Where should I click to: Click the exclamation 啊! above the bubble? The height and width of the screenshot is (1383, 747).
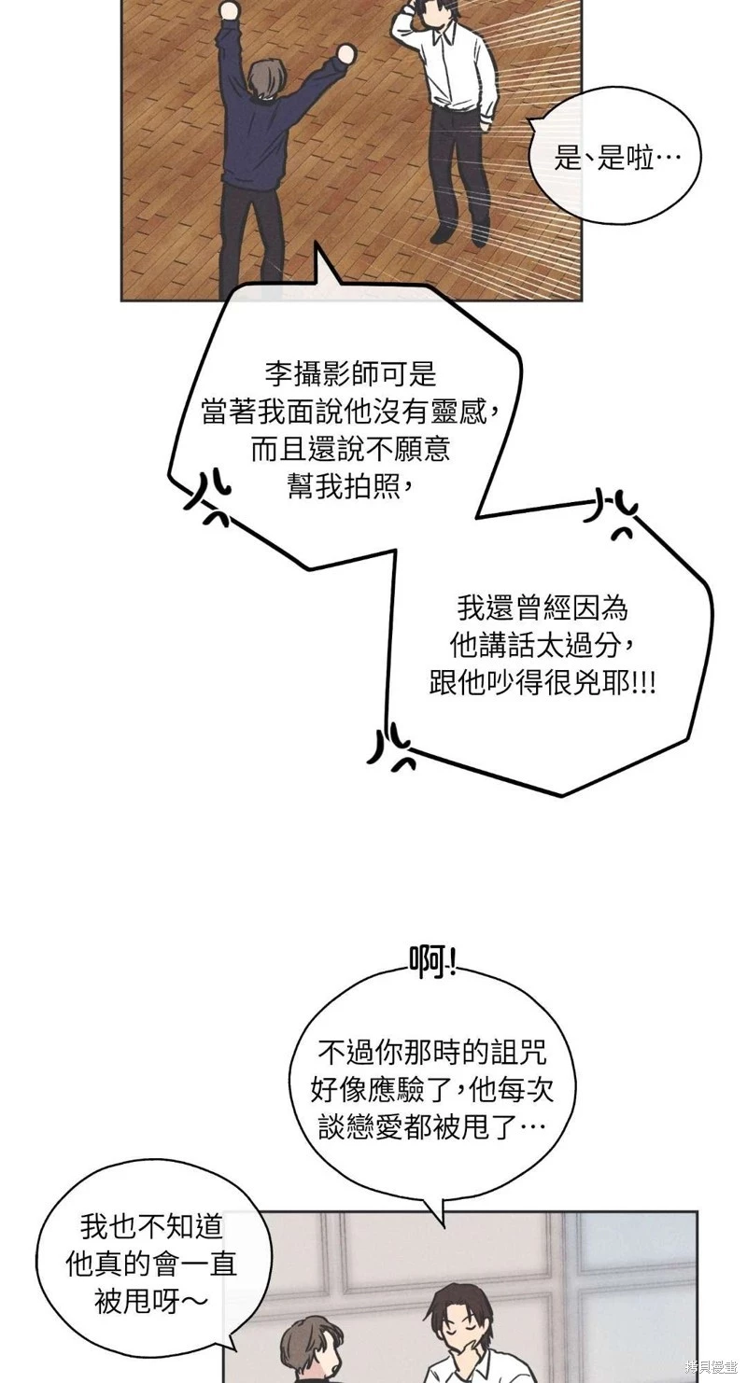click(432, 961)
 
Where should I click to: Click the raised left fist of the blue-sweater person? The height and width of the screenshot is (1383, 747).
click(227, 12)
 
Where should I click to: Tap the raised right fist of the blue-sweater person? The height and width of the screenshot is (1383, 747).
click(345, 55)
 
